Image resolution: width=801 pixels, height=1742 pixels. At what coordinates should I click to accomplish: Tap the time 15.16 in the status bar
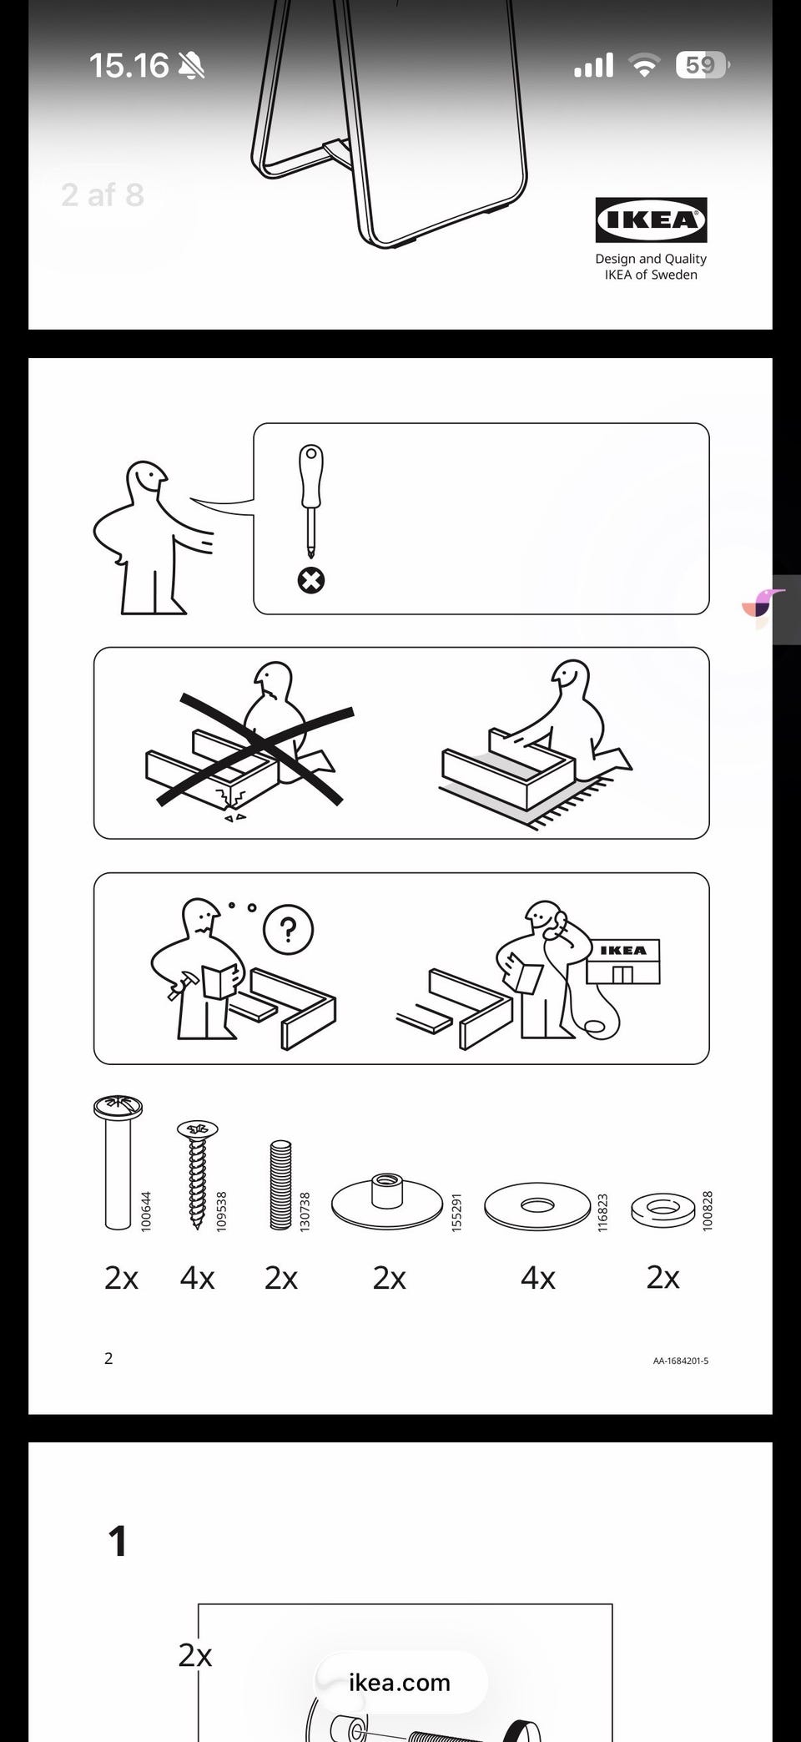point(128,65)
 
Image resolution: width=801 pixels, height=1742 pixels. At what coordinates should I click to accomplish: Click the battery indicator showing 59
point(703,64)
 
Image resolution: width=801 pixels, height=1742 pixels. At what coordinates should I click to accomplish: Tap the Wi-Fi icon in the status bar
point(643,65)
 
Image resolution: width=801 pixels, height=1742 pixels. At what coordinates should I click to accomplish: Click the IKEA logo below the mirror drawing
point(651,220)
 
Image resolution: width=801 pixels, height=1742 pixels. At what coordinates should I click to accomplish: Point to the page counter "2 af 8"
point(103,195)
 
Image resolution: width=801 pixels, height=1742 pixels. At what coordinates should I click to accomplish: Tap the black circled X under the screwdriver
point(311,580)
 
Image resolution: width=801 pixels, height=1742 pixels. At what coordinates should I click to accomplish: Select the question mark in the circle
point(289,929)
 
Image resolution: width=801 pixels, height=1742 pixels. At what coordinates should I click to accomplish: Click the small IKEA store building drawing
point(623,961)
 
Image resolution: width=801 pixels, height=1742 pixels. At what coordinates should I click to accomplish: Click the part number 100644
point(146,1210)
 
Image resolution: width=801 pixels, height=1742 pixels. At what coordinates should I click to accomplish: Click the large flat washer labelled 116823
point(537,1206)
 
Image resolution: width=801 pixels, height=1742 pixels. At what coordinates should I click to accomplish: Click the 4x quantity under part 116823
point(537,1278)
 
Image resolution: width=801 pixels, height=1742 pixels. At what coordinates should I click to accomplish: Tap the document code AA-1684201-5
point(681,1361)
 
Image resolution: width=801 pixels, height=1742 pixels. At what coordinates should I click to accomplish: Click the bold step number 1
point(118,1541)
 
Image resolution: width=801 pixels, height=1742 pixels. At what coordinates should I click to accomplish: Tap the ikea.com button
point(400,1682)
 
